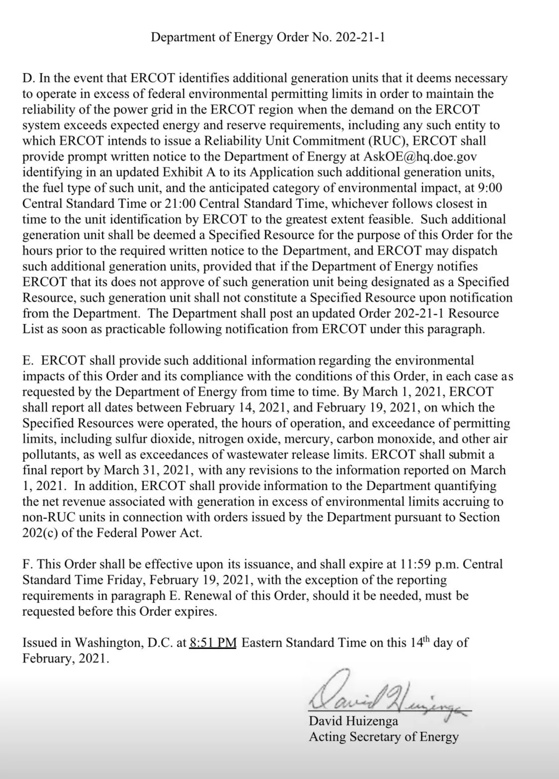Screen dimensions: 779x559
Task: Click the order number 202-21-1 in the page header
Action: pos(360,37)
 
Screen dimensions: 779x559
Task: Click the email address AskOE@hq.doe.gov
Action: pos(420,156)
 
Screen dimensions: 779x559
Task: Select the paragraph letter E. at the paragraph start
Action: pos(28,360)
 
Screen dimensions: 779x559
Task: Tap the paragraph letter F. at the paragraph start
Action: pos(28,564)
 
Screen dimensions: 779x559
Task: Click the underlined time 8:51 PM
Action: pos(213,643)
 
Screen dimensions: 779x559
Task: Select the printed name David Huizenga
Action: pos(353,721)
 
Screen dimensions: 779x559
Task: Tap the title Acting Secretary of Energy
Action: pos(384,737)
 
